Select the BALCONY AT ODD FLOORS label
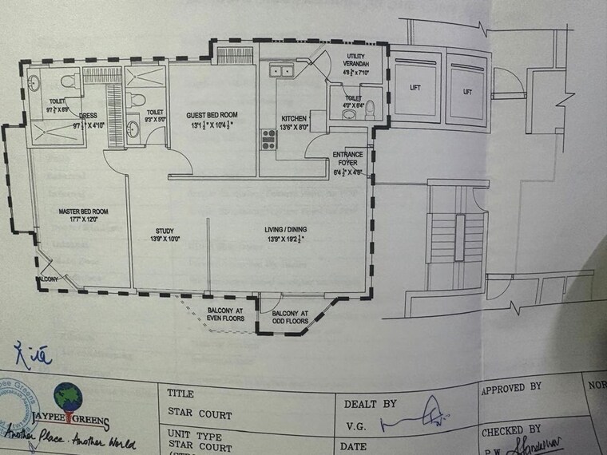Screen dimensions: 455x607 (289, 318)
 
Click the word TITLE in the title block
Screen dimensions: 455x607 (182, 393)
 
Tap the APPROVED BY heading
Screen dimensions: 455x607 (512, 388)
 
